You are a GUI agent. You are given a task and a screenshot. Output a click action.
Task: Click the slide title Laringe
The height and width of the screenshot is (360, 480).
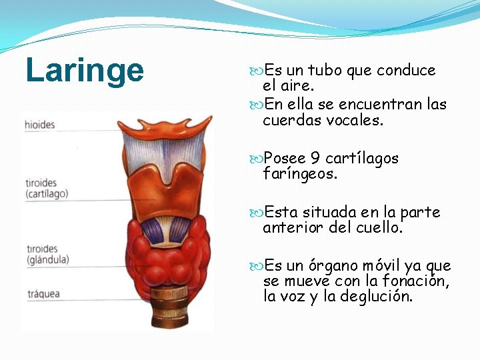pos(85,71)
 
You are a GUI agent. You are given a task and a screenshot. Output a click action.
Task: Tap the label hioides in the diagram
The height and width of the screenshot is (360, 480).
pos(40,125)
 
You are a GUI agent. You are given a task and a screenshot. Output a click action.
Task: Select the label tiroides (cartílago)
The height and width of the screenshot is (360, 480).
pos(47,189)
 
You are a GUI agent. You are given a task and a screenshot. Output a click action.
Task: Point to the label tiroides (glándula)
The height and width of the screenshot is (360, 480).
pos(47,254)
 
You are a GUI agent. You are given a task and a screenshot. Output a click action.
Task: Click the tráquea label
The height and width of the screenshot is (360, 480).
pos(44,293)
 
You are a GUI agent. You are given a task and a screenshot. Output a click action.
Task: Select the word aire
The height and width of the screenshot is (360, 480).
pos(298,86)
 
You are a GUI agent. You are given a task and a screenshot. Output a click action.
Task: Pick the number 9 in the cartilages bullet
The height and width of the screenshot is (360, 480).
pos(315,159)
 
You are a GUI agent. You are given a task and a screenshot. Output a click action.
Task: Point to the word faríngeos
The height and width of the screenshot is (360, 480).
pos(300,175)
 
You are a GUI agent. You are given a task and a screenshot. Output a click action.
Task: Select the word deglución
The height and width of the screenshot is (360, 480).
pos(377,297)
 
